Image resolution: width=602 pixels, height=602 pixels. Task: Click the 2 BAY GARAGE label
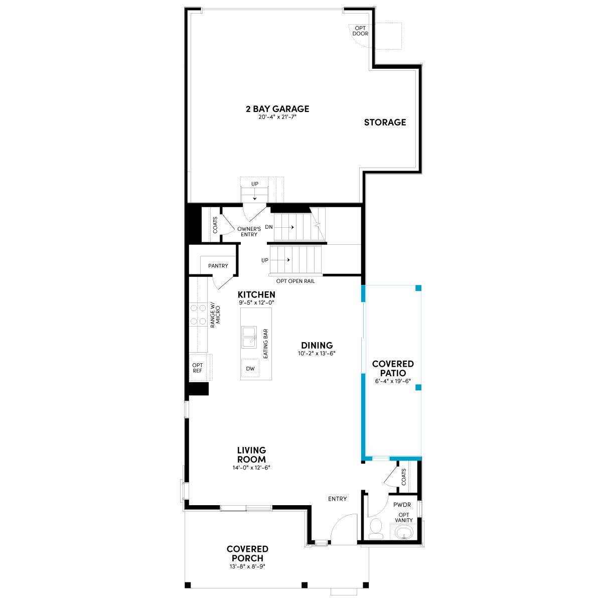click(x=277, y=109)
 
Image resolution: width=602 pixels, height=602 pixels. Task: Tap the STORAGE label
click(x=385, y=122)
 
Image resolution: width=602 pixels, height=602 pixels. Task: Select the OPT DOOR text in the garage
click(x=360, y=31)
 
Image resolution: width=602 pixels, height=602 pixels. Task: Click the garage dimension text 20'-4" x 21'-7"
click(x=277, y=117)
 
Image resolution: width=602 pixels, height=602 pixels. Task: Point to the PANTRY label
click(x=218, y=266)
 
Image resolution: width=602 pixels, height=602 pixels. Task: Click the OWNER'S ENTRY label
click(x=249, y=231)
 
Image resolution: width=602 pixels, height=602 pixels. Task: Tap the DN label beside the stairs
click(x=269, y=227)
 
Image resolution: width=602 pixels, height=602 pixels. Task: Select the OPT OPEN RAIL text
click(x=295, y=281)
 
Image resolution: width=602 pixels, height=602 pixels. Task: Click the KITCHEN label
click(x=256, y=294)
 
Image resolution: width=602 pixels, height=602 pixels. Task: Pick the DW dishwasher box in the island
click(x=250, y=368)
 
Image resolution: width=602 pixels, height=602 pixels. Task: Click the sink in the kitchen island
click(x=249, y=337)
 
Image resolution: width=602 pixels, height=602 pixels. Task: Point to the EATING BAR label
click(x=265, y=344)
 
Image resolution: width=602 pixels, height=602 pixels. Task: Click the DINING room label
click(x=317, y=346)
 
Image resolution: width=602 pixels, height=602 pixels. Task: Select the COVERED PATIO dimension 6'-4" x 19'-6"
click(x=393, y=381)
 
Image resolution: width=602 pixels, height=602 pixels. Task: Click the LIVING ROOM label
click(x=251, y=455)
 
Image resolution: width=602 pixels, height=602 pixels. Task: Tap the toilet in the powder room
click(x=376, y=529)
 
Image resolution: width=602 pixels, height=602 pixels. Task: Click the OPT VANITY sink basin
click(x=404, y=531)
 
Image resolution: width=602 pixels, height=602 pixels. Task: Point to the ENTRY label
click(x=338, y=499)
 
